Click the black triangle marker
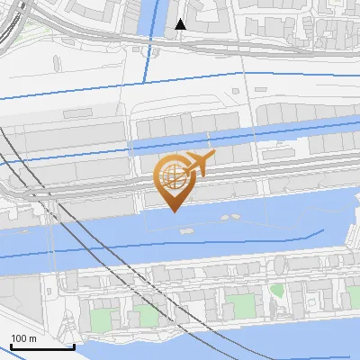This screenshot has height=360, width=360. (181, 24)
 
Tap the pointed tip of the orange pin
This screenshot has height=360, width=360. (172, 211)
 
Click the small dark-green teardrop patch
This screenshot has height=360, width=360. (277, 292)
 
